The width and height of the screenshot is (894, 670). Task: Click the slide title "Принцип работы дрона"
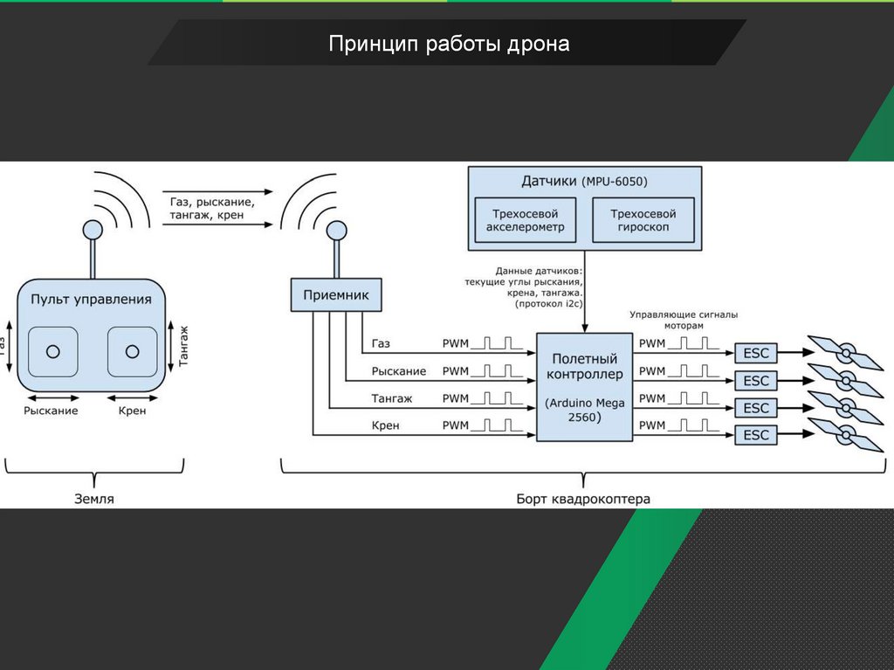click(449, 44)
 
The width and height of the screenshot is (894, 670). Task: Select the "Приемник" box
click(336, 295)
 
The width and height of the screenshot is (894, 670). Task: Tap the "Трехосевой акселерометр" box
click(525, 220)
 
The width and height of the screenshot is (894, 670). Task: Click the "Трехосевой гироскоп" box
click(643, 220)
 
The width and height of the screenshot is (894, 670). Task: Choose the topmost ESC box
click(756, 353)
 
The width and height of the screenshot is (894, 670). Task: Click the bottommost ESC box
click(756, 435)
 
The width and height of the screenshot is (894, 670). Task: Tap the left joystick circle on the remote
click(53, 351)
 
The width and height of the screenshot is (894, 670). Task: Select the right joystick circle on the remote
click(132, 351)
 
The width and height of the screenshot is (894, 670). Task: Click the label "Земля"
click(93, 500)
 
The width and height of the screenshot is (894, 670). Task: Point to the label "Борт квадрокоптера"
click(583, 500)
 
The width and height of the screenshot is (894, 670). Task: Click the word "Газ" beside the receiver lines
click(381, 344)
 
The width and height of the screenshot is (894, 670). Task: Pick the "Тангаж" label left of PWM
click(391, 398)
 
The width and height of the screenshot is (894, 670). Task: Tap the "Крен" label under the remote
click(132, 410)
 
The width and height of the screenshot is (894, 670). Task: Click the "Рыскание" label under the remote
click(52, 410)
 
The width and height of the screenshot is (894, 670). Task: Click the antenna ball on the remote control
click(92, 231)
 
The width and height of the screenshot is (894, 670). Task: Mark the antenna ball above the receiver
click(336, 231)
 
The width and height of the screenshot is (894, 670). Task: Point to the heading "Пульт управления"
click(91, 299)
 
